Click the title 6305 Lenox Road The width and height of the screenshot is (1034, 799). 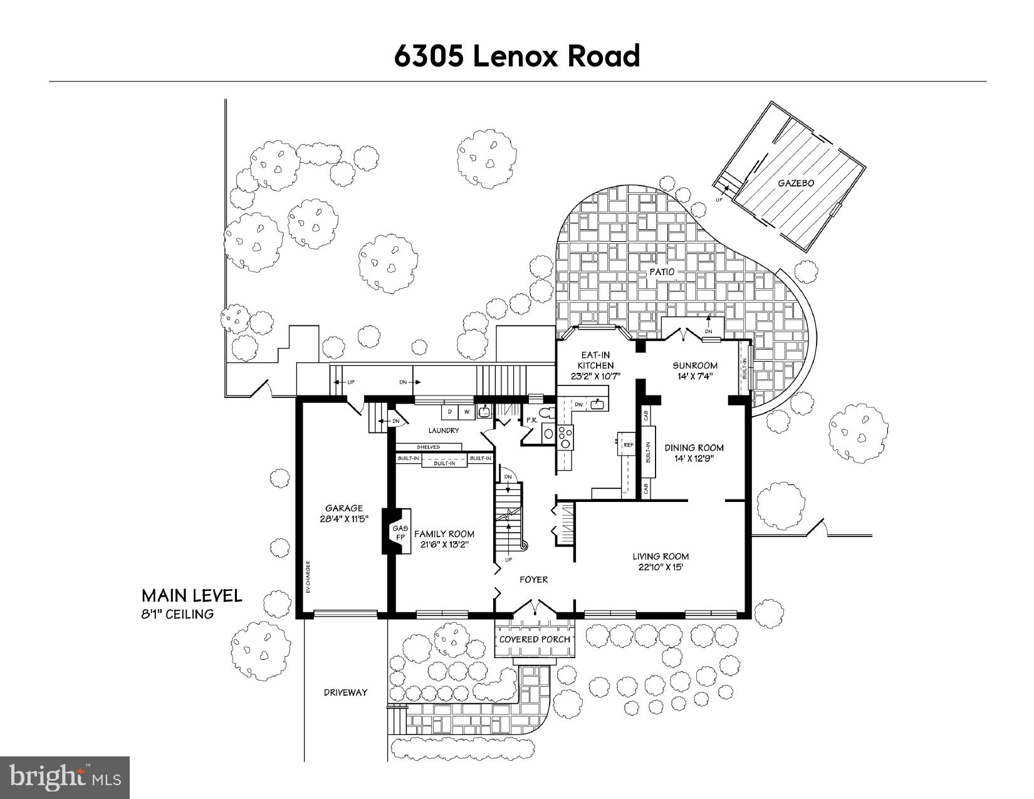click(517, 56)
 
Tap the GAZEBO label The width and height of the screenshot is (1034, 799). click(796, 183)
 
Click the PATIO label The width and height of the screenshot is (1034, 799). click(661, 272)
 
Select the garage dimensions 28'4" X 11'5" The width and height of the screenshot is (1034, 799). click(343, 519)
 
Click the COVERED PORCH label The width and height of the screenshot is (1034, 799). click(535, 639)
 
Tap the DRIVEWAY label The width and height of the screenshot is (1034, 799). click(345, 692)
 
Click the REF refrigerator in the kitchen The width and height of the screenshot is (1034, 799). click(627, 444)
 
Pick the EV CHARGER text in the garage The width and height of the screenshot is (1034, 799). click(308, 577)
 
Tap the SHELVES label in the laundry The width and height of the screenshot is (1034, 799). click(428, 447)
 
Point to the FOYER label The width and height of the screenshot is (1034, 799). click(533, 580)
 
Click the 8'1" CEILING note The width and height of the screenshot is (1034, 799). click(177, 614)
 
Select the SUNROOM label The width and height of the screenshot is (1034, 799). click(695, 365)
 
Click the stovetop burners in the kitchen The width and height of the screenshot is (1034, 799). click(565, 436)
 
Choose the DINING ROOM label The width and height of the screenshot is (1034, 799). click(694, 447)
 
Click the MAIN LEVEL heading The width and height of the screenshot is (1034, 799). click(191, 595)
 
